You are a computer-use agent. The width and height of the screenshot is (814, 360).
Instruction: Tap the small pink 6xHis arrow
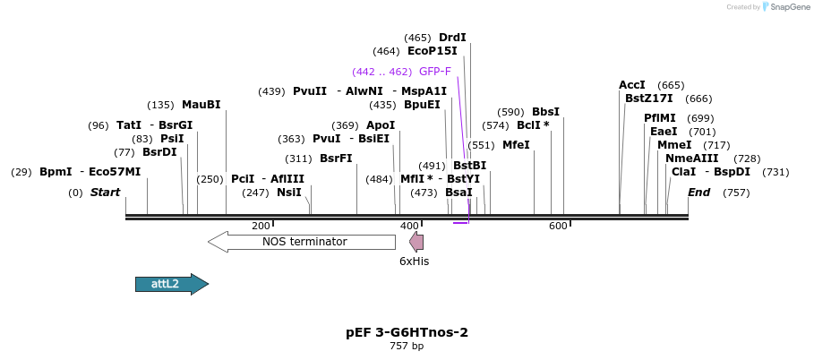[416, 241]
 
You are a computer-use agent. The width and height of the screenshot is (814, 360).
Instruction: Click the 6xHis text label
[414, 261]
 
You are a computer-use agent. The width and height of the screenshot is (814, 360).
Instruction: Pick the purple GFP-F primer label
[434, 72]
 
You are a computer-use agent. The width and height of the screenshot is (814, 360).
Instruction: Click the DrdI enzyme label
[452, 38]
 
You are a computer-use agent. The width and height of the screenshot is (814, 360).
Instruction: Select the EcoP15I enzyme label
[432, 51]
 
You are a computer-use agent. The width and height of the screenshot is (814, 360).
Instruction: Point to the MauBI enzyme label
[201, 105]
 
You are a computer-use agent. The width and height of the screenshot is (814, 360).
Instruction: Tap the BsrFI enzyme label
[336, 159]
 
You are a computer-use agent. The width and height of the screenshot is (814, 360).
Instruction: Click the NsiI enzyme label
[288, 193]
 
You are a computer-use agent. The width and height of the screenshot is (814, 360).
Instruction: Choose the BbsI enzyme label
[545, 112]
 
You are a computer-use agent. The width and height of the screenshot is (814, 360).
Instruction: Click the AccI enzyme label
[632, 85]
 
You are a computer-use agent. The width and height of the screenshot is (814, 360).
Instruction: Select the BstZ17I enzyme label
[648, 99]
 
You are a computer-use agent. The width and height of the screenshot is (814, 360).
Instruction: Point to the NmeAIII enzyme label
[691, 159]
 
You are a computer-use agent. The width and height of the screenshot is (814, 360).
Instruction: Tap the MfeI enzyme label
[516, 145]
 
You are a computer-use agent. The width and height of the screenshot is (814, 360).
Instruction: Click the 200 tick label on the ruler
[261, 226]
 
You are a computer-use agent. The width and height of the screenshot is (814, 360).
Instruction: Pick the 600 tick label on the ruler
[558, 226]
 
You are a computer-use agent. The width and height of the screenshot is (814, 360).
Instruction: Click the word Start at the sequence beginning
[105, 193]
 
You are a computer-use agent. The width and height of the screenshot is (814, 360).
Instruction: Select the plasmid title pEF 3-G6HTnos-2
[407, 332]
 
